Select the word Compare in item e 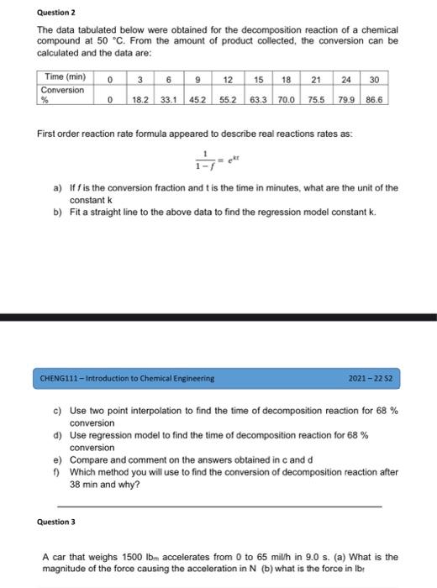87,461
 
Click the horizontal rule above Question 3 218,506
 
